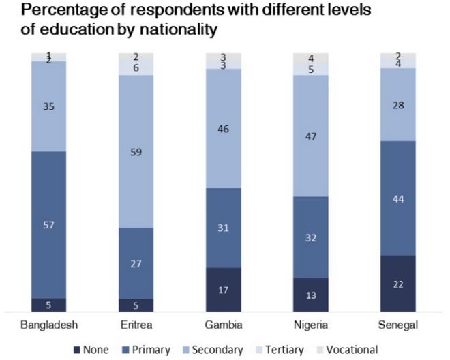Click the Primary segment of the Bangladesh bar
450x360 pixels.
coord(49,224)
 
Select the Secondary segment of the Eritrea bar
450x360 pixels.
coord(136,151)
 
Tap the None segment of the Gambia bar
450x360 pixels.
coord(224,289)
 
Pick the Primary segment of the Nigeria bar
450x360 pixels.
coord(311,237)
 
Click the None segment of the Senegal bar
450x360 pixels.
coord(397,283)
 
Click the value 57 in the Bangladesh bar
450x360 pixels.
coord(49,224)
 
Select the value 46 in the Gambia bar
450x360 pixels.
coord(224,127)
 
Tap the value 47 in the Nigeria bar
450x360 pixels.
coord(311,136)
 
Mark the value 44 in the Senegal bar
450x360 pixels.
coord(397,198)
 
